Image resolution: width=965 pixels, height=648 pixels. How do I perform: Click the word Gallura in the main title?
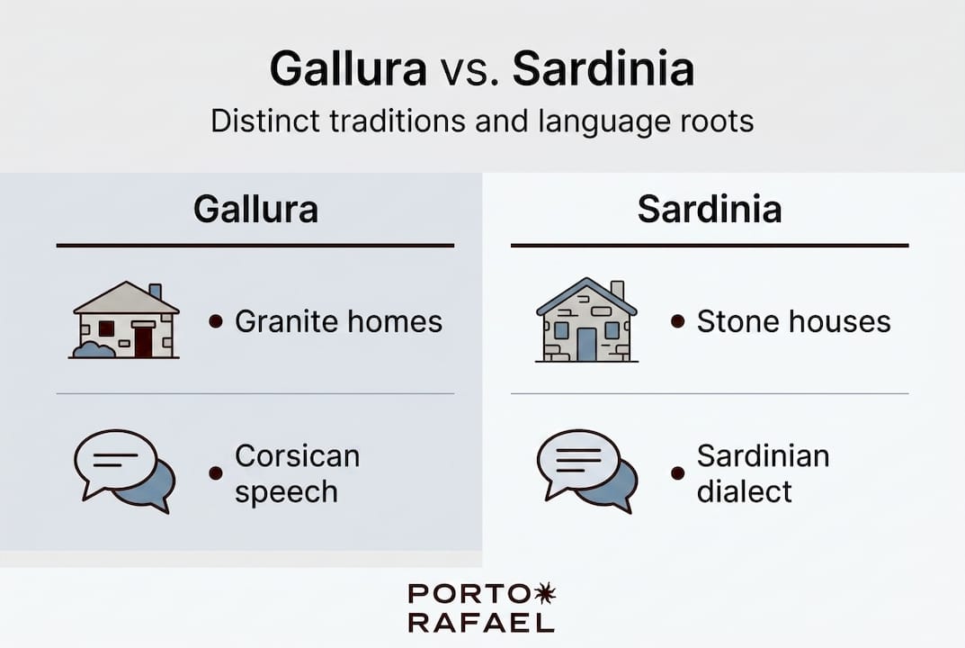pyautogui.click(x=348, y=70)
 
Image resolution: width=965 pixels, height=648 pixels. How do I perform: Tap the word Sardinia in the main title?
pyautogui.click(x=603, y=70)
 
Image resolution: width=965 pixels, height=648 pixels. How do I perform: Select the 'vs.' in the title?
pyautogui.click(x=469, y=72)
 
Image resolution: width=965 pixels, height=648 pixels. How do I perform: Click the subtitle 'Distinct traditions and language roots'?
pyautogui.click(x=482, y=121)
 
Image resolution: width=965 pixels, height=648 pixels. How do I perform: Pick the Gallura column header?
pyautogui.click(x=255, y=210)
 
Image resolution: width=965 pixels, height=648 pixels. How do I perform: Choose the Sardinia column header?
pyautogui.click(x=710, y=210)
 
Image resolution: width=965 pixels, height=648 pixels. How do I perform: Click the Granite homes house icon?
pyautogui.click(x=125, y=321)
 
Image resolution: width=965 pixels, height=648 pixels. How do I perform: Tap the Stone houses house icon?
pyautogui.click(x=586, y=321)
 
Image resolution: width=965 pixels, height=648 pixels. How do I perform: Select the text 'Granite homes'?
pyautogui.click(x=338, y=321)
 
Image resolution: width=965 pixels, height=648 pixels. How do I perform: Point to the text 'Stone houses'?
pyautogui.click(x=793, y=321)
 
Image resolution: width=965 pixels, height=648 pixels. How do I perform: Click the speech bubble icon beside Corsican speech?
pyautogui.click(x=123, y=471)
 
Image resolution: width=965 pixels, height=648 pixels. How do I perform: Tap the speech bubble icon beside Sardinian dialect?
pyautogui.click(x=586, y=471)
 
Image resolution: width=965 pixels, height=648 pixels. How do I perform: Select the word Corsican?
pyautogui.click(x=297, y=456)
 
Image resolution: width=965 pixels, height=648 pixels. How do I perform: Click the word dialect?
pyautogui.click(x=744, y=491)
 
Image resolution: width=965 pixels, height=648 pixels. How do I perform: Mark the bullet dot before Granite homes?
pyautogui.click(x=216, y=321)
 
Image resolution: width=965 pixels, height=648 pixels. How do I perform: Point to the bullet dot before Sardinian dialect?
pyautogui.click(x=677, y=473)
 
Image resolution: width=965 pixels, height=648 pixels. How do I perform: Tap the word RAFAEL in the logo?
pyautogui.click(x=481, y=623)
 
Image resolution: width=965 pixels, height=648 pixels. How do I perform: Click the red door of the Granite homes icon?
pyautogui.click(x=143, y=342)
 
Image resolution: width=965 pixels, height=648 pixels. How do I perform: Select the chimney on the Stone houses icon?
pyautogui.click(x=617, y=290)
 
